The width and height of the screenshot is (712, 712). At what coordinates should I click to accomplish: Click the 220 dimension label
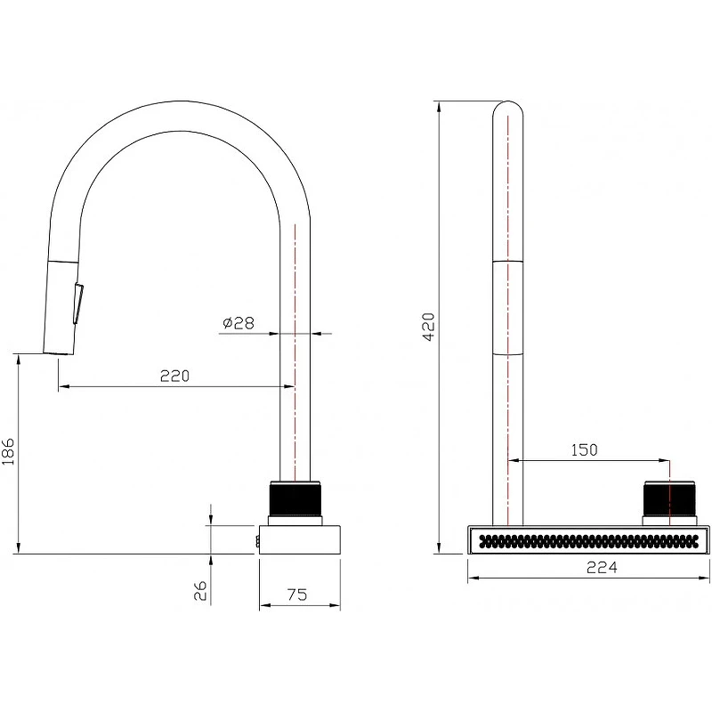point(174,376)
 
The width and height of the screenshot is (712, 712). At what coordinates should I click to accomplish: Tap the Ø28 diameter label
point(239,323)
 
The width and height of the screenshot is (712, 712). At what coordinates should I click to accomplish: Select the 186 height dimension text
point(9,451)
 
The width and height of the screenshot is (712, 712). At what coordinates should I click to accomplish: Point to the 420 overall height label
point(428,327)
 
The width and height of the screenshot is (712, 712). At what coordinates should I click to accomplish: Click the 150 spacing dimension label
point(584,449)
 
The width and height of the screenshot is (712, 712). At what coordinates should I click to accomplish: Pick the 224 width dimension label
point(603,567)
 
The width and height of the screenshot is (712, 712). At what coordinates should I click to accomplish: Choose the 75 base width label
point(297,595)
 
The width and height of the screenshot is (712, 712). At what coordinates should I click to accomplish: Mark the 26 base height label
point(200,590)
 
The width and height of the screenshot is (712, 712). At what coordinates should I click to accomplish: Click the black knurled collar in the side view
point(295,498)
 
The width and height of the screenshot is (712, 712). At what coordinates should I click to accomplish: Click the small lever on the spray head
point(78,303)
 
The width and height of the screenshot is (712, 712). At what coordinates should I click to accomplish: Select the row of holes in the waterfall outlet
point(589,540)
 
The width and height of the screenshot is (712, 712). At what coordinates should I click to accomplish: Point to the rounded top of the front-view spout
point(507,106)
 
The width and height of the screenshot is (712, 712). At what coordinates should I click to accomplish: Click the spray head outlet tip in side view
point(58,352)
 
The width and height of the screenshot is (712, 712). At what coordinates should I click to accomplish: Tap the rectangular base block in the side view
point(300,539)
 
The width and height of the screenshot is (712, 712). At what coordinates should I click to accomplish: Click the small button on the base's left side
point(257,542)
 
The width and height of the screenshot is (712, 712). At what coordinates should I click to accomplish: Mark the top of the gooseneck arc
point(180,101)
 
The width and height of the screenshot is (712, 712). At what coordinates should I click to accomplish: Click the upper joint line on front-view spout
point(507,262)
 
